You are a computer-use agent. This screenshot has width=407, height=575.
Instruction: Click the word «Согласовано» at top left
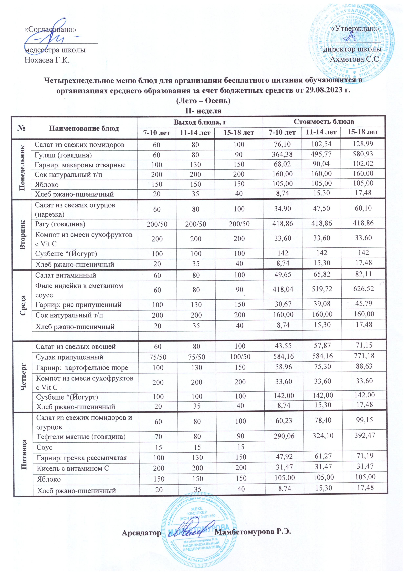[50, 30]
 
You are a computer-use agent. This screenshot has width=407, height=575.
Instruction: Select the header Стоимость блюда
[324, 122]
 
